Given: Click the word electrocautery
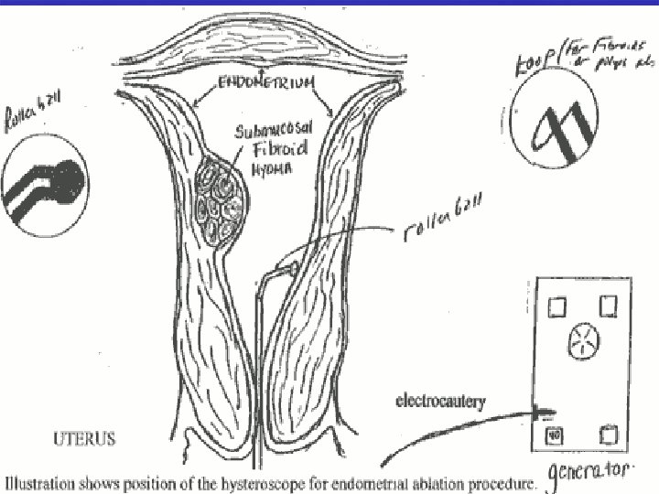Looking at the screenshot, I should (x=440, y=400).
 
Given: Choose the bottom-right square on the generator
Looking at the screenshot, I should (x=608, y=435).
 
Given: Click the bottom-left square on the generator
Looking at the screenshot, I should (x=555, y=435).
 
